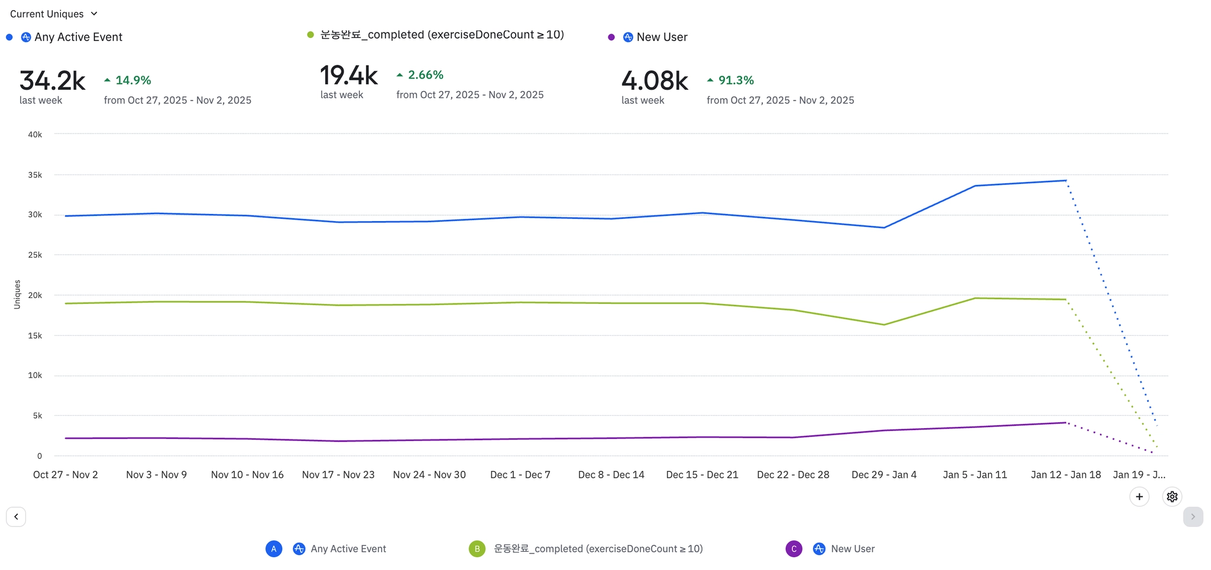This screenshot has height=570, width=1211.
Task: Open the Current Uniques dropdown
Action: pyautogui.click(x=53, y=14)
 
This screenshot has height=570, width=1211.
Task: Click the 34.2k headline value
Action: pyautogui.click(x=53, y=80)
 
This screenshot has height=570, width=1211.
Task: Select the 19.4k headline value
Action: pyautogui.click(x=349, y=75)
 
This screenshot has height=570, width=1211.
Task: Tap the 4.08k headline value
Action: pyautogui.click(x=655, y=80)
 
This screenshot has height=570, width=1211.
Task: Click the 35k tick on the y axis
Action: pyautogui.click(x=35, y=175)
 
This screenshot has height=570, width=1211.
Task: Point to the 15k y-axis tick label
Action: pyautogui.click(x=35, y=336)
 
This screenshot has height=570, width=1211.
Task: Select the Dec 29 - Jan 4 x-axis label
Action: pyautogui.click(x=884, y=475)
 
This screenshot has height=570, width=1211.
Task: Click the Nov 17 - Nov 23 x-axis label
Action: pyautogui.click(x=338, y=475)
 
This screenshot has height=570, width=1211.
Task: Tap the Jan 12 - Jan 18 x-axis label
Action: pyautogui.click(x=1066, y=475)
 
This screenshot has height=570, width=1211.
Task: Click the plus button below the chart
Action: pyautogui.click(x=1139, y=497)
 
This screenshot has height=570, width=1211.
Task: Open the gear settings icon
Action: pyautogui.click(x=1172, y=497)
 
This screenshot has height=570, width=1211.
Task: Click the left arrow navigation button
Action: pyautogui.click(x=16, y=517)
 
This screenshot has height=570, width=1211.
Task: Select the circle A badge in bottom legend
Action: pyautogui.click(x=274, y=549)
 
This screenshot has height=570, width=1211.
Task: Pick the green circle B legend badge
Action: pyautogui.click(x=477, y=549)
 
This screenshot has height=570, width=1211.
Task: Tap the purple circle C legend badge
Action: pyautogui.click(x=794, y=549)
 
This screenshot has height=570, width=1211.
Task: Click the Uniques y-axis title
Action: pyautogui.click(x=17, y=294)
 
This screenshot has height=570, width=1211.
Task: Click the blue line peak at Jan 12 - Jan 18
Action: pyautogui.click(x=1066, y=180)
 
